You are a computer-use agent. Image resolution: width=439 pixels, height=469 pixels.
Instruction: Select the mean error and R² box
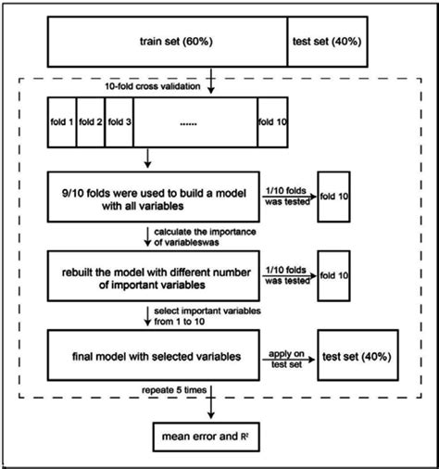(x=212, y=434)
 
